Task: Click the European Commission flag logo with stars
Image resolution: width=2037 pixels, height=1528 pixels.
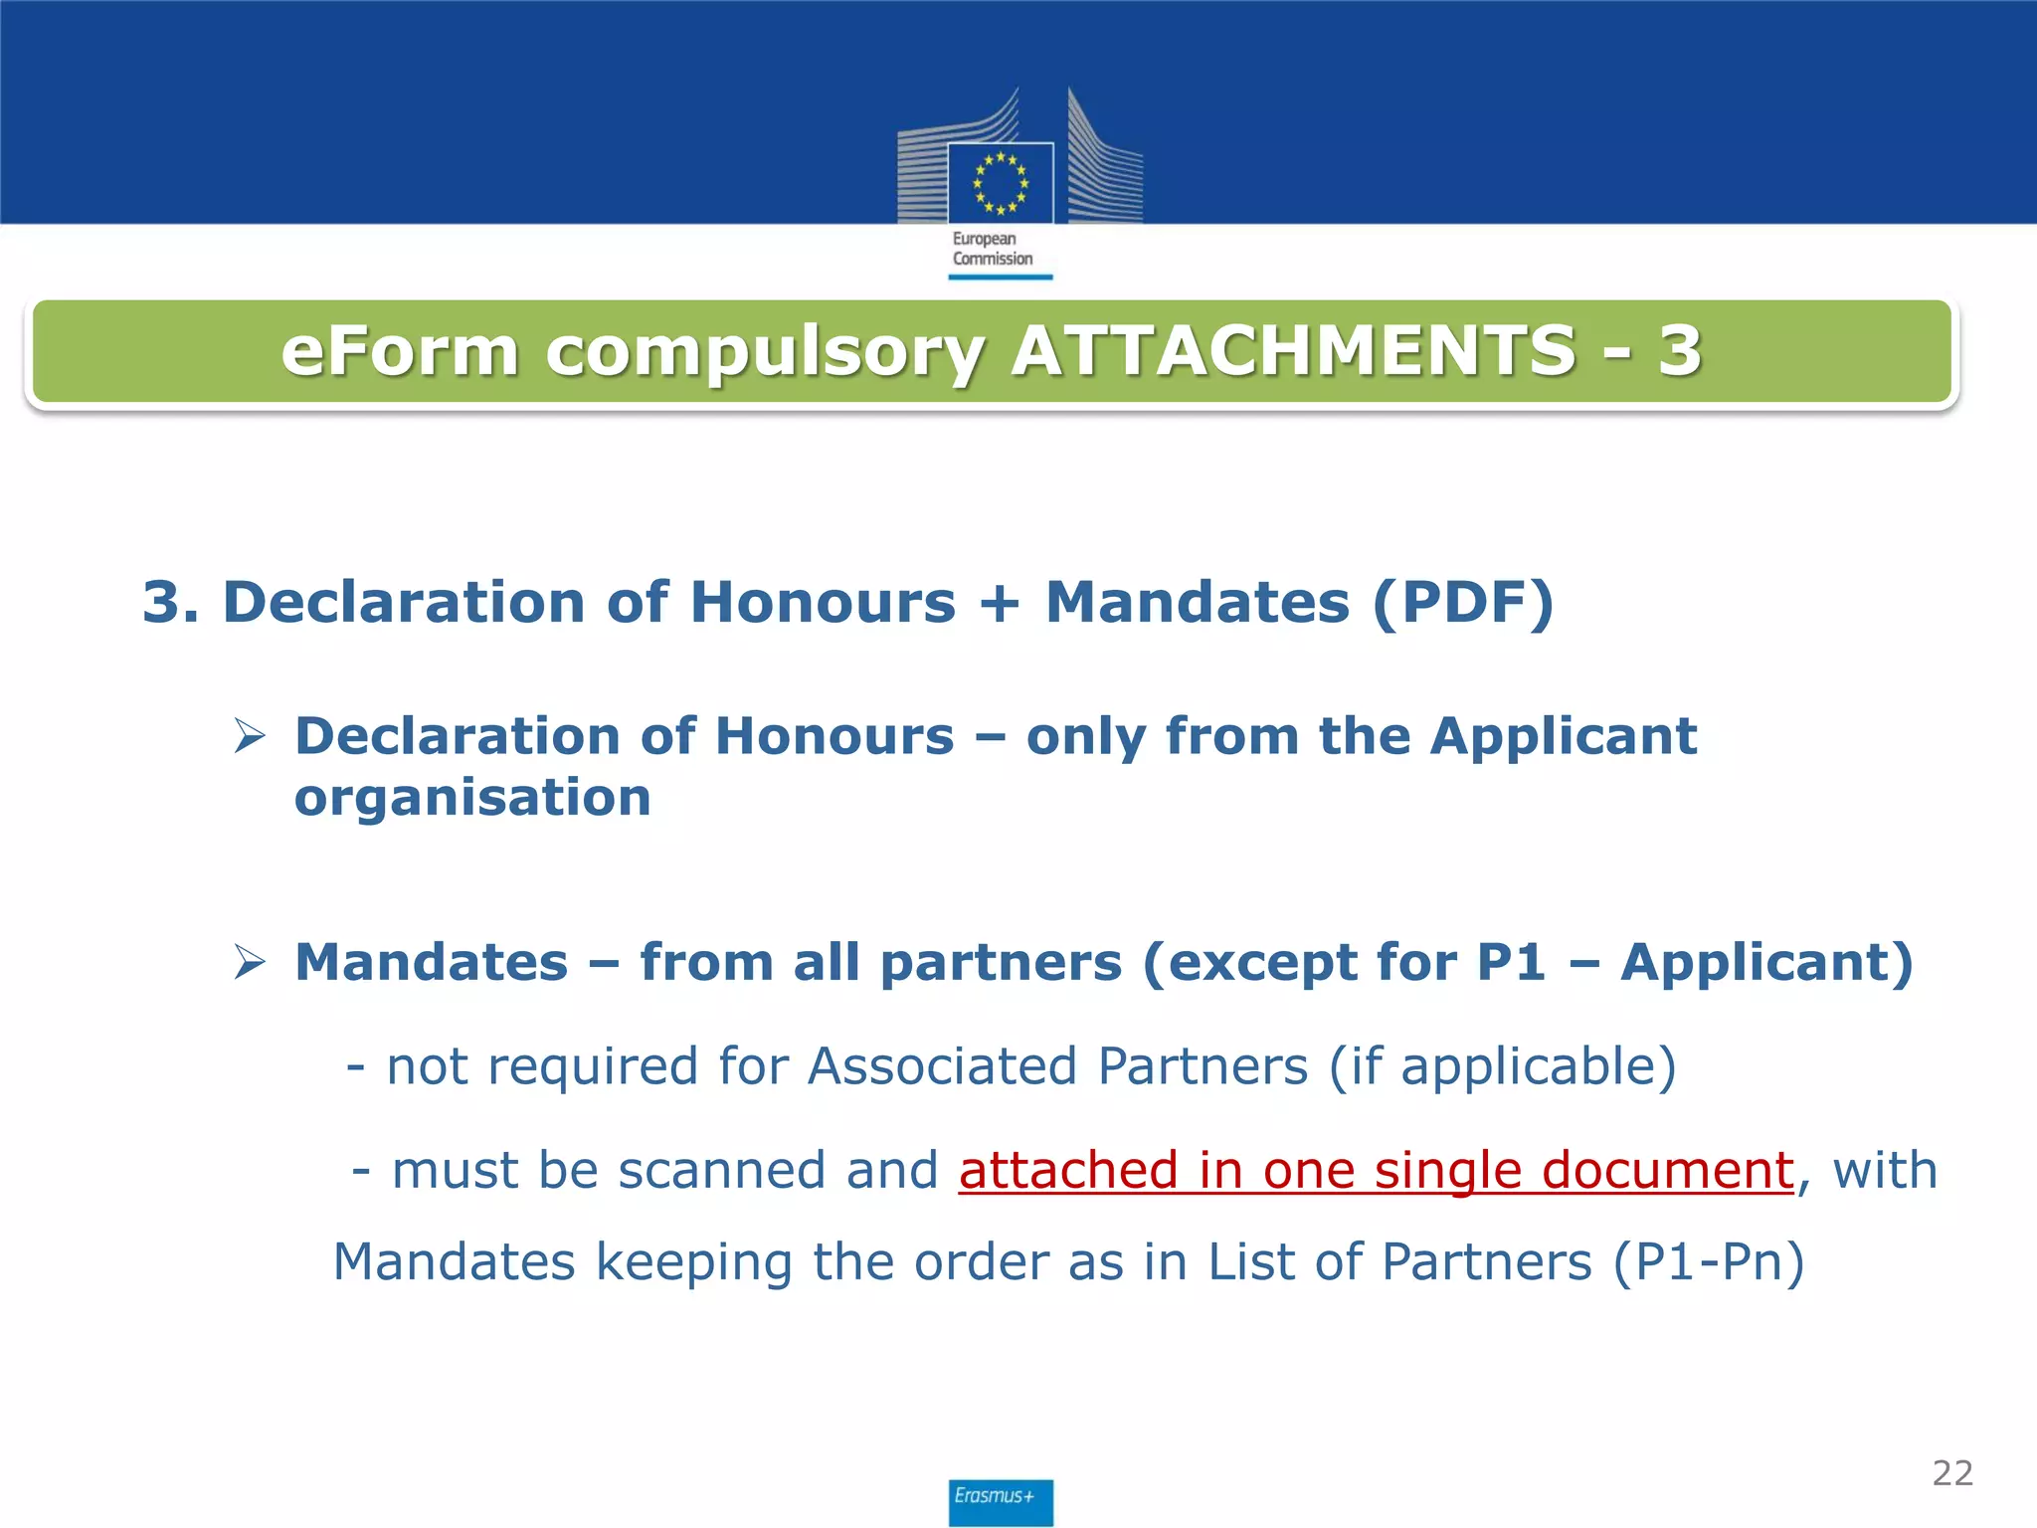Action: click(1000, 183)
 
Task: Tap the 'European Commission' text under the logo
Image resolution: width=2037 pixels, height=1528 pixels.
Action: click(992, 249)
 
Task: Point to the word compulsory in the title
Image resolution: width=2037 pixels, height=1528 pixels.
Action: click(765, 353)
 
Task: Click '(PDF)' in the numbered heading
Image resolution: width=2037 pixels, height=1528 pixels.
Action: click(1462, 603)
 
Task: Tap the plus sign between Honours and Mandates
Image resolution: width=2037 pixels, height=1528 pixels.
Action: click(1000, 604)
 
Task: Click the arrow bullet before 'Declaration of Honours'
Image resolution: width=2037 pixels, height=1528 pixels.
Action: click(250, 736)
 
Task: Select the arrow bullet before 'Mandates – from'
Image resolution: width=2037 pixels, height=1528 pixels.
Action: click(250, 962)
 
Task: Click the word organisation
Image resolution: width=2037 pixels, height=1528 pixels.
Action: click(472, 798)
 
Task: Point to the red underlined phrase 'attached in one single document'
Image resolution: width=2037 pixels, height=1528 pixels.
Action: click(1376, 1170)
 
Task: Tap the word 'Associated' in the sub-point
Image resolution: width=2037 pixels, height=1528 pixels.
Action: click(942, 1066)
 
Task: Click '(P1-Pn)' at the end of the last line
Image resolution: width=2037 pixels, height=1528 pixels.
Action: click(1708, 1262)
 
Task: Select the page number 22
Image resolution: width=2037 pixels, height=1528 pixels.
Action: click(1952, 1473)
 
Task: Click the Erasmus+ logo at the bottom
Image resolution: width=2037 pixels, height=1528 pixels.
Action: click(1000, 1501)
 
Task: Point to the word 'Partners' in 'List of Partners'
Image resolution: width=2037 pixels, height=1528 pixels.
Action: click(1486, 1262)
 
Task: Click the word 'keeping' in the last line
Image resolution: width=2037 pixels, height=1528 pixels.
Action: click(694, 1263)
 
